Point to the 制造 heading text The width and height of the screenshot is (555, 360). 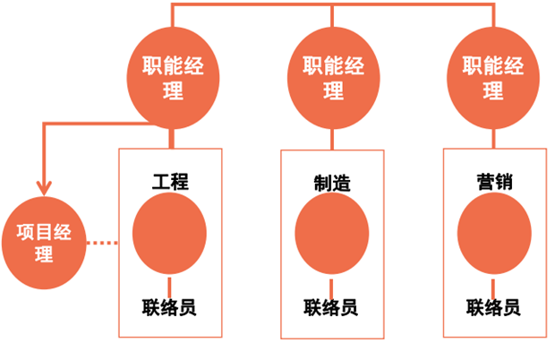point(330,184)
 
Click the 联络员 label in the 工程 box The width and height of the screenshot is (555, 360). point(169,307)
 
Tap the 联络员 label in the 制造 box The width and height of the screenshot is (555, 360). point(331,307)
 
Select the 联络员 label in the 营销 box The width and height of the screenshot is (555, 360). point(493,307)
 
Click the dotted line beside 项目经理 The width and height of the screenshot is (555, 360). point(105,243)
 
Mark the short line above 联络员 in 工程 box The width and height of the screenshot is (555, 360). point(170,285)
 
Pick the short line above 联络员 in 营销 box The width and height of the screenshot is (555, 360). point(493,285)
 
